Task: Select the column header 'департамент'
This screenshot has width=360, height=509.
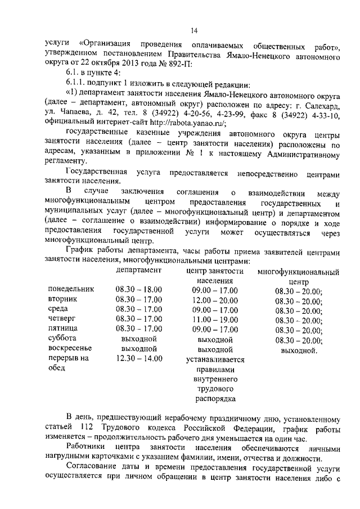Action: (139, 271)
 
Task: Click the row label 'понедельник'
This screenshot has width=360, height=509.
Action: (71, 290)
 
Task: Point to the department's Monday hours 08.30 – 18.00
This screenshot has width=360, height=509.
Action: (139, 290)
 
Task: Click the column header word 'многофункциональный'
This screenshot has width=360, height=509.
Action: (299, 272)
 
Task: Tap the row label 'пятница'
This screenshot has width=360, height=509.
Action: (63, 329)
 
